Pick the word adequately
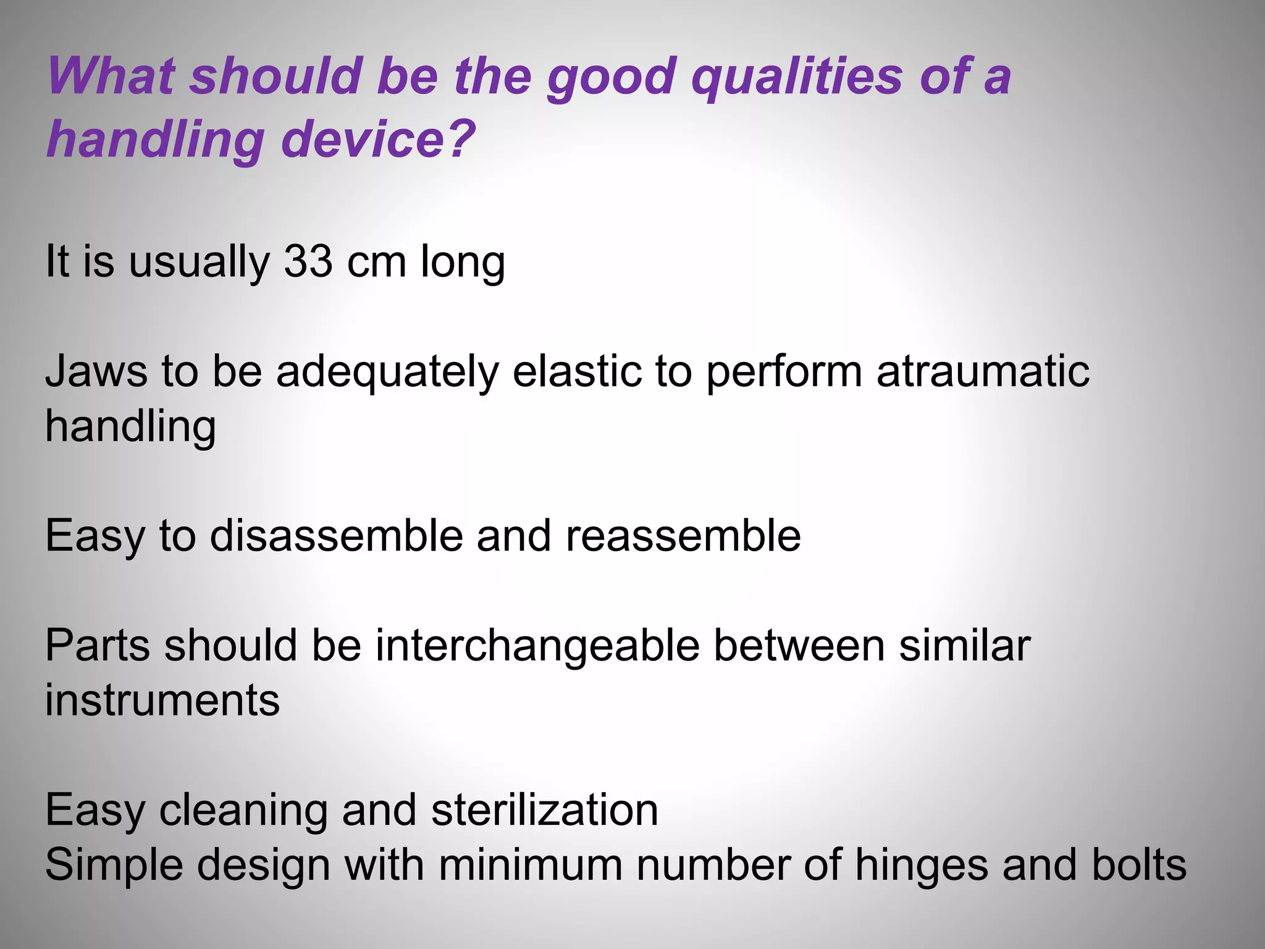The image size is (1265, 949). (x=387, y=373)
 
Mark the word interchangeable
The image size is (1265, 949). (x=537, y=646)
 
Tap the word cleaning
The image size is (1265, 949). (x=243, y=811)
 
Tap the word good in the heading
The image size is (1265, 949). (x=611, y=78)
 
